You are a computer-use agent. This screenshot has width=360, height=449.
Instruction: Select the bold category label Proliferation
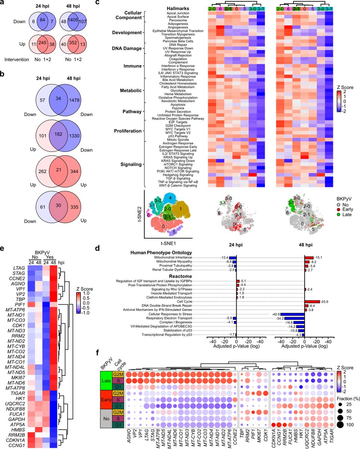click(129, 131)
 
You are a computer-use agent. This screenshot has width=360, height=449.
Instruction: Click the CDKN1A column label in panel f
click(273, 436)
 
